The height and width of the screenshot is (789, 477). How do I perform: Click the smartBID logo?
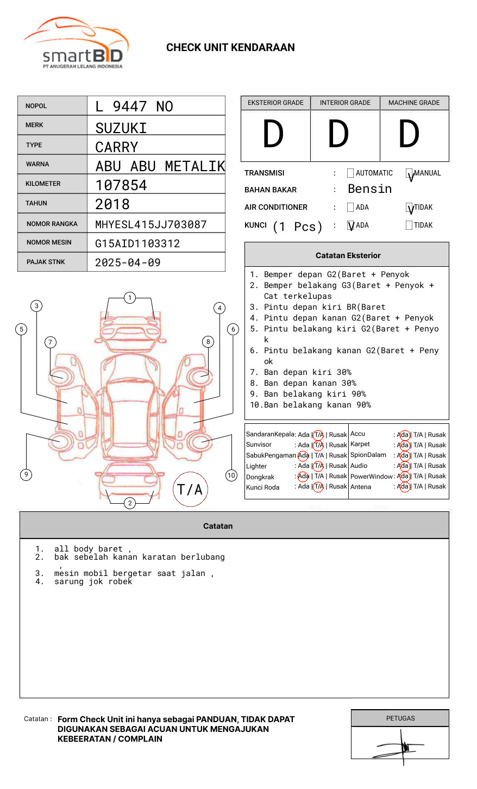click(76, 43)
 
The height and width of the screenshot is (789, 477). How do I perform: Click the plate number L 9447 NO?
click(134, 107)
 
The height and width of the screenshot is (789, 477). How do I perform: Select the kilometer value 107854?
click(121, 185)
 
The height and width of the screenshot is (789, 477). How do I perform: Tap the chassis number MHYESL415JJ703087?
click(151, 224)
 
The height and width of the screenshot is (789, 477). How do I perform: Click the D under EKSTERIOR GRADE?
click(273, 135)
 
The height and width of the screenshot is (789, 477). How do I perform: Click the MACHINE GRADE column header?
click(414, 103)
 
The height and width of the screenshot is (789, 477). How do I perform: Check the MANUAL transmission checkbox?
click(409, 173)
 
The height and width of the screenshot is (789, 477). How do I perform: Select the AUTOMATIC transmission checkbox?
click(350, 173)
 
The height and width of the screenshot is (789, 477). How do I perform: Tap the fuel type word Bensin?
click(369, 189)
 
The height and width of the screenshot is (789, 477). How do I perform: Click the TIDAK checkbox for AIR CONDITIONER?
click(409, 208)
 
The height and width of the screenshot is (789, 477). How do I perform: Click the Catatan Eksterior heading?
click(348, 255)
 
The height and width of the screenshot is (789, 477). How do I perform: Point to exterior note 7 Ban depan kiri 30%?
click(300, 372)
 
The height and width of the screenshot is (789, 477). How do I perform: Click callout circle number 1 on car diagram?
click(129, 298)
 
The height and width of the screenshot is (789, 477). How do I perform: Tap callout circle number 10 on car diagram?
click(231, 475)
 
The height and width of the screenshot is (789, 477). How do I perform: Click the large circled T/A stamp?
click(190, 490)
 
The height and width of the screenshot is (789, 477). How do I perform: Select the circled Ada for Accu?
click(403, 435)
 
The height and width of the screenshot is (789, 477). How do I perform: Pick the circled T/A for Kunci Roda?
click(318, 487)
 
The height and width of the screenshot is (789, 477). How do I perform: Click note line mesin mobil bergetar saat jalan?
click(134, 573)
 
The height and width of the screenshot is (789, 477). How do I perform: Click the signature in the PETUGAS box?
click(400, 747)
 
